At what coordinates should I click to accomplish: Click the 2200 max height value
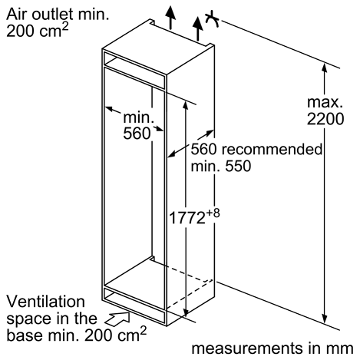tap(325, 119)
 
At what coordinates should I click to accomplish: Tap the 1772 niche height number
tap(187, 218)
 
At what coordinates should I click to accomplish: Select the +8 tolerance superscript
tap(213, 213)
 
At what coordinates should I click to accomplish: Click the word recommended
tap(272, 149)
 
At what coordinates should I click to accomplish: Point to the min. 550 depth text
tap(221, 167)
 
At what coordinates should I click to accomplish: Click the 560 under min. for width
tap(137, 134)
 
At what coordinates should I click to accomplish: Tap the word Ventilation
tap(45, 302)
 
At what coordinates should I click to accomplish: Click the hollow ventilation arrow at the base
tap(118, 319)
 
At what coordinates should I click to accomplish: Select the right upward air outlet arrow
tap(197, 28)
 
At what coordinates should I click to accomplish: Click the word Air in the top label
tap(17, 15)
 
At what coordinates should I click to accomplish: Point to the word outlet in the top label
tap(52, 15)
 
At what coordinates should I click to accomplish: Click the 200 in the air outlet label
tap(20, 31)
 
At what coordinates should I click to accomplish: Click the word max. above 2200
tap(325, 102)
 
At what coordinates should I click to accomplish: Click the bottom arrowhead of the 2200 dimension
tap(325, 319)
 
